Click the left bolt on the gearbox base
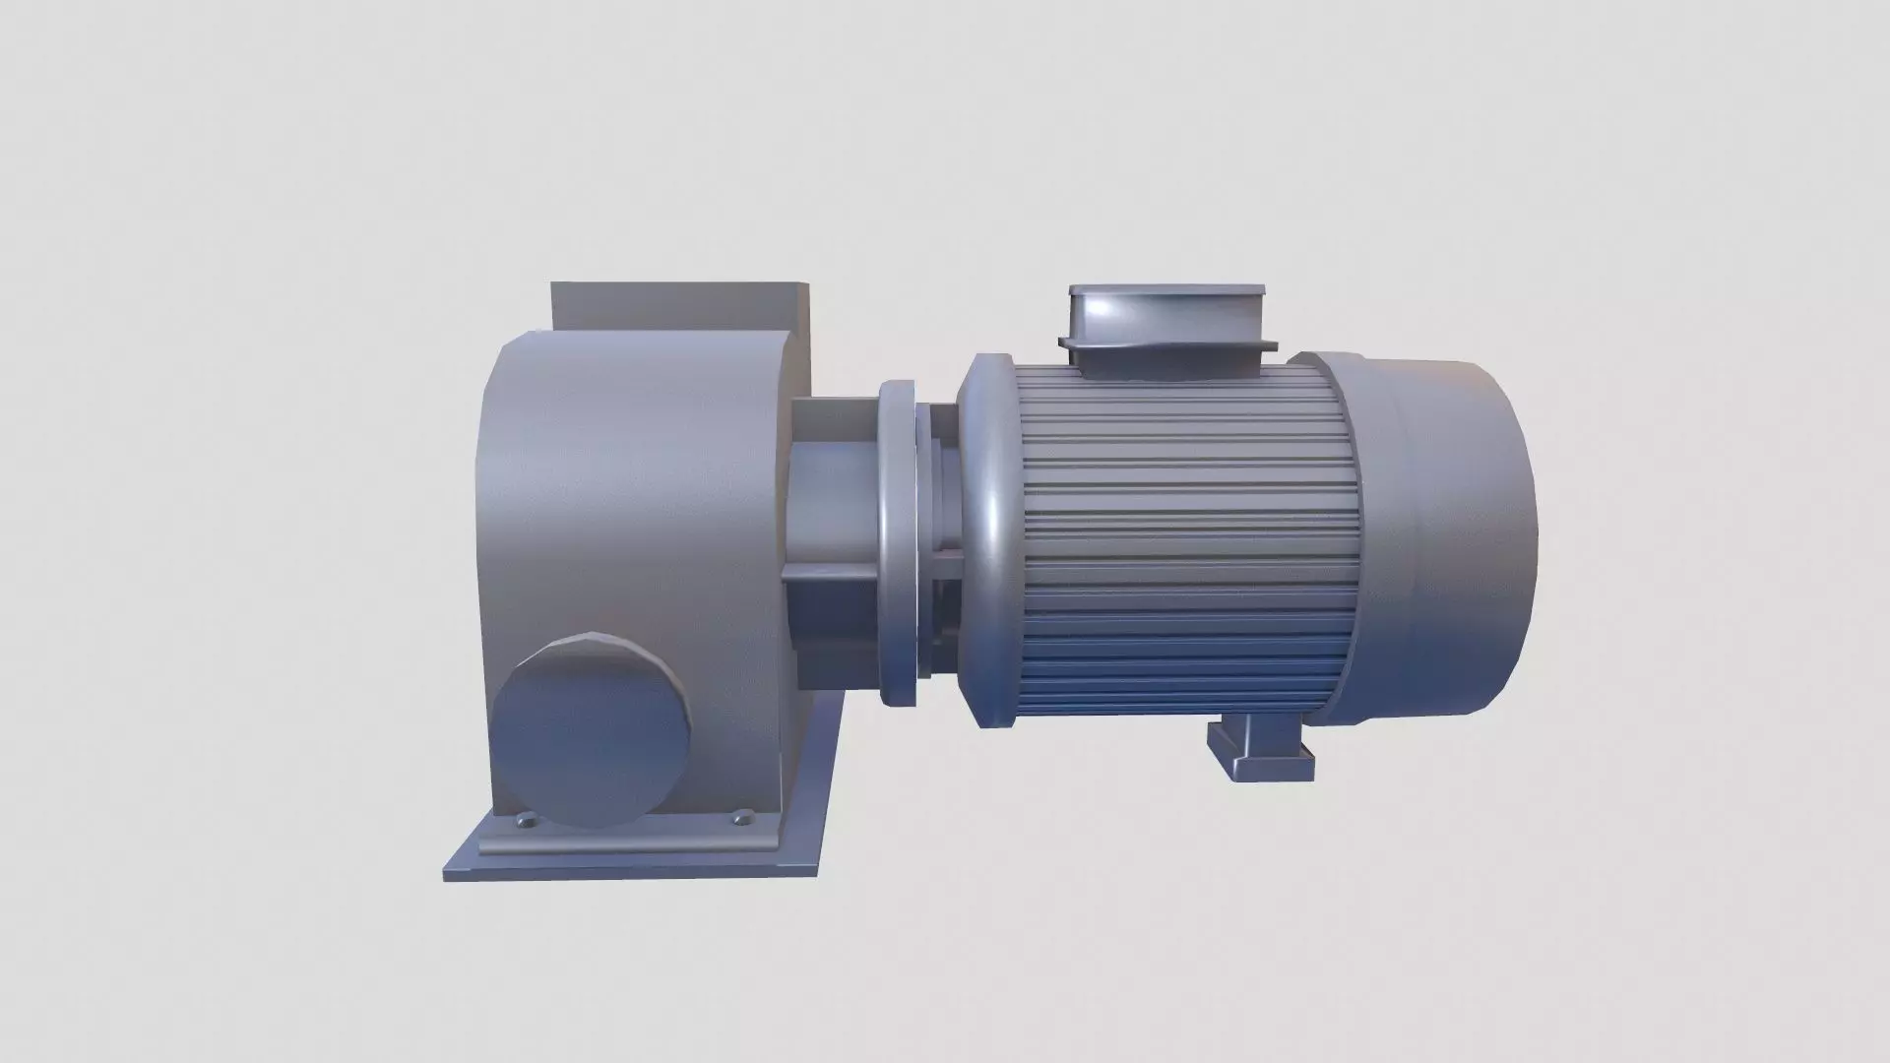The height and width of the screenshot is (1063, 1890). click(523, 791)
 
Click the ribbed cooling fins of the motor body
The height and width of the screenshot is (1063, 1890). click(1181, 541)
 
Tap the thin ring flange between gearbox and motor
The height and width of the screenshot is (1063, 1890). click(898, 541)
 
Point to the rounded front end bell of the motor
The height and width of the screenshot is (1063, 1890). click(989, 541)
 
